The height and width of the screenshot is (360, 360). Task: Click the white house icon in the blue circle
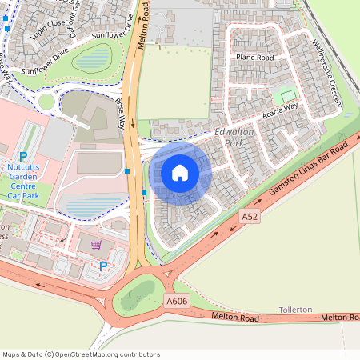[x=180, y=173]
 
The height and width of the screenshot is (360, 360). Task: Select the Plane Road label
[x=254, y=58]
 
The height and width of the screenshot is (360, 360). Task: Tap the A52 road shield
[x=250, y=216]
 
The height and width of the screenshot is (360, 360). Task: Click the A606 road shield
[x=176, y=301]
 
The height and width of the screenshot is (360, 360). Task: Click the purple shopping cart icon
[x=97, y=245]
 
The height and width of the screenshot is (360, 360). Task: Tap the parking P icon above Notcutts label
[x=23, y=157]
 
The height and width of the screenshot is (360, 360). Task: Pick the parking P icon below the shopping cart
[x=102, y=266]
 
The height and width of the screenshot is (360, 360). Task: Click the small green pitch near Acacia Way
[x=288, y=96]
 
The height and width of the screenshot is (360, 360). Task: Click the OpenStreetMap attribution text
[x=81, y=354]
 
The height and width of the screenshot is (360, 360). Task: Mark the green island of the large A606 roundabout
[x=139, y=297]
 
